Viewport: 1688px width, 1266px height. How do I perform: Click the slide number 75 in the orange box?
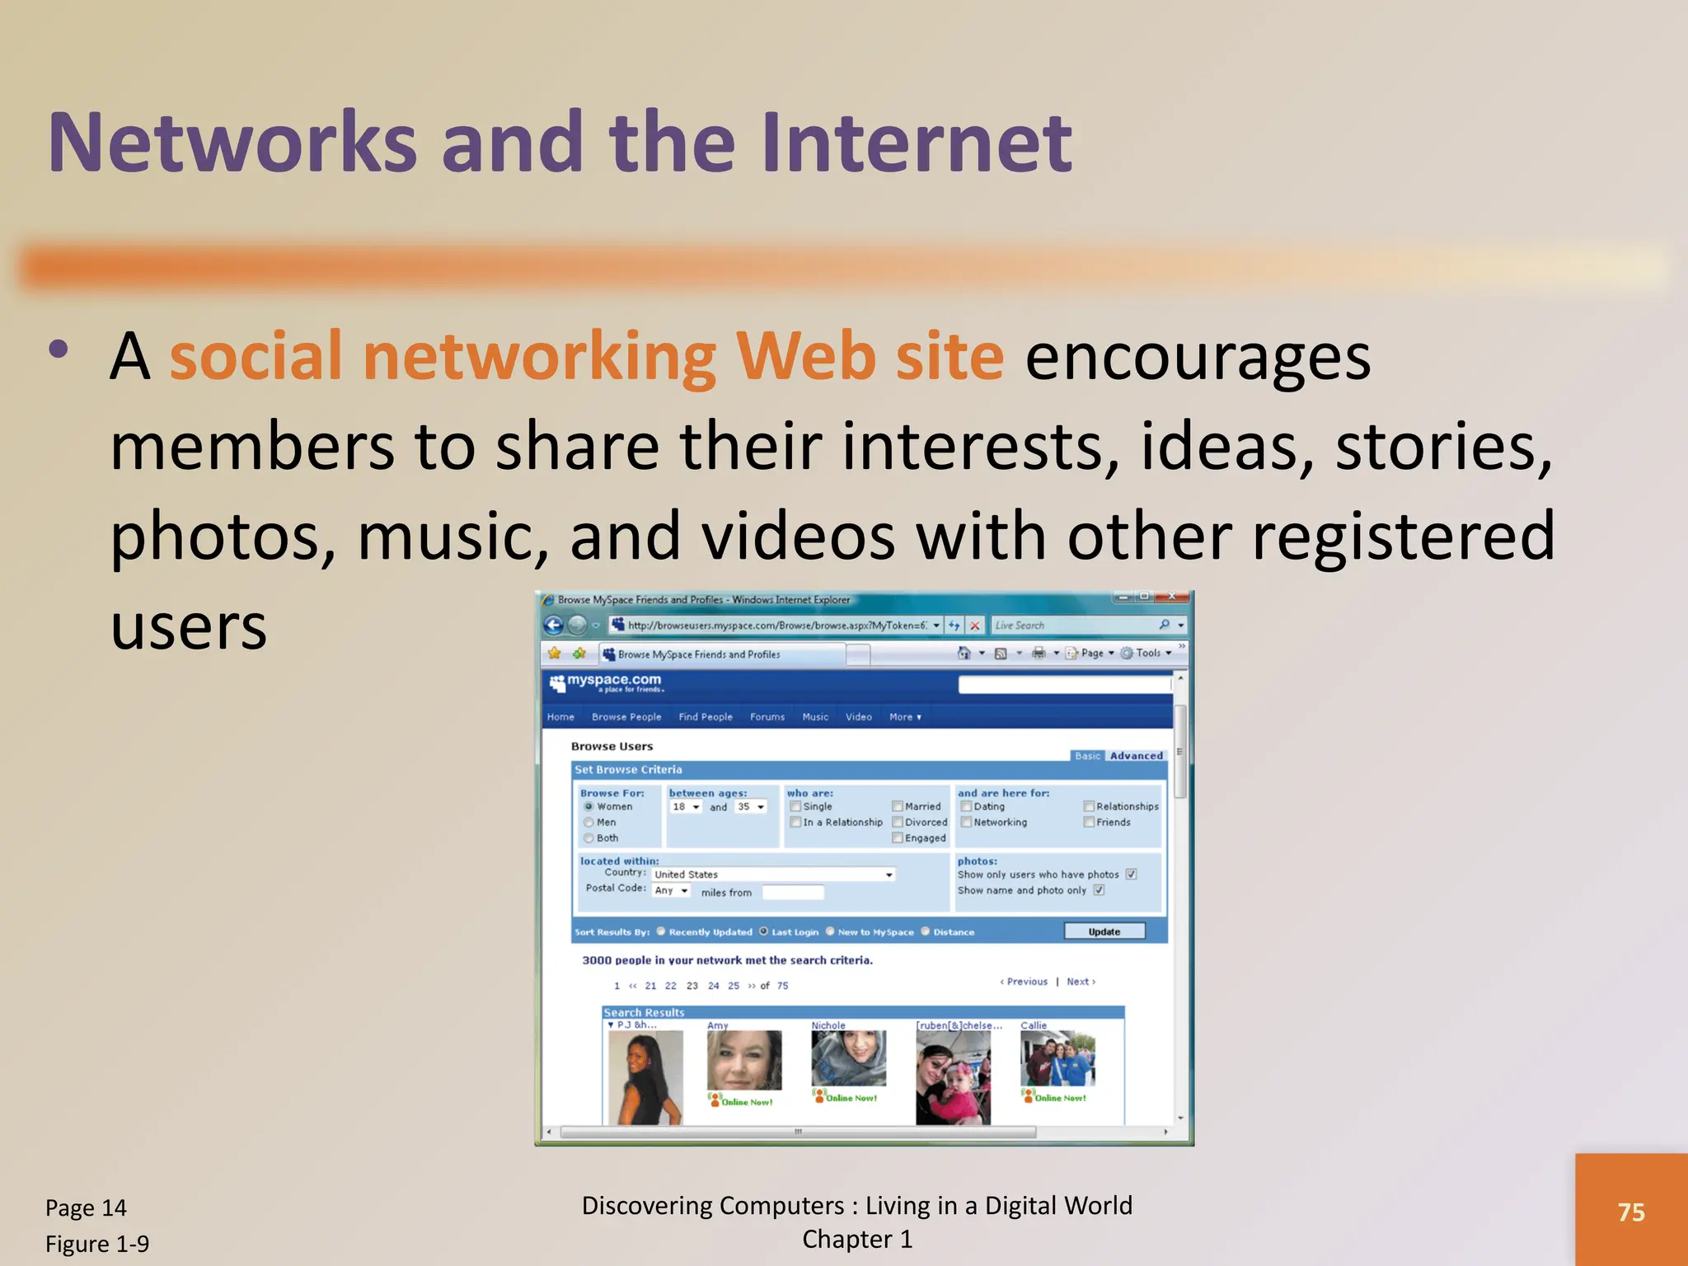[1630, 1212]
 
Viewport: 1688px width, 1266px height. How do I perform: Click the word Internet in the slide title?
[916, 143]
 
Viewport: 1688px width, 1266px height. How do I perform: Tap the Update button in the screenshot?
[1104, 931]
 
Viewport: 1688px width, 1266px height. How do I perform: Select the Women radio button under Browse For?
[588, 806]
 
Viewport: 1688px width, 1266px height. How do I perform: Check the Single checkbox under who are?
[795, 806]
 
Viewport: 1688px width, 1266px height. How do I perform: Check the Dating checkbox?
[966, 806]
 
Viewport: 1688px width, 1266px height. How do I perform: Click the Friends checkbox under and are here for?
[1089, 822]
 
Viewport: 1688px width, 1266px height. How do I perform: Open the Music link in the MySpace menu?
[815, 717]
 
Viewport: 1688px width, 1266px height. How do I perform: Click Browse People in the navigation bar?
[626, 717]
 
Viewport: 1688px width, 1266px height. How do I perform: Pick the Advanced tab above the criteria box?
[1136, 756]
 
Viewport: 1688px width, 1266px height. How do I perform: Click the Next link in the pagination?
[1078, 982]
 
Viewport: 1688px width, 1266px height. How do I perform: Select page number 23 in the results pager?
[692, 986]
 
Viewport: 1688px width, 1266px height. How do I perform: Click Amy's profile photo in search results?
[743, 1060]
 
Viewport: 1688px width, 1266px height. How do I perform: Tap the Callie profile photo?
[1057, 1058]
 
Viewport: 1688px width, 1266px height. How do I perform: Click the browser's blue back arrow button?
[554, 626]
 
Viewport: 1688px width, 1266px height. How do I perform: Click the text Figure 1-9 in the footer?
[97, 1244]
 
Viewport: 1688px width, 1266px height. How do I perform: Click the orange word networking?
[539, 357]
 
